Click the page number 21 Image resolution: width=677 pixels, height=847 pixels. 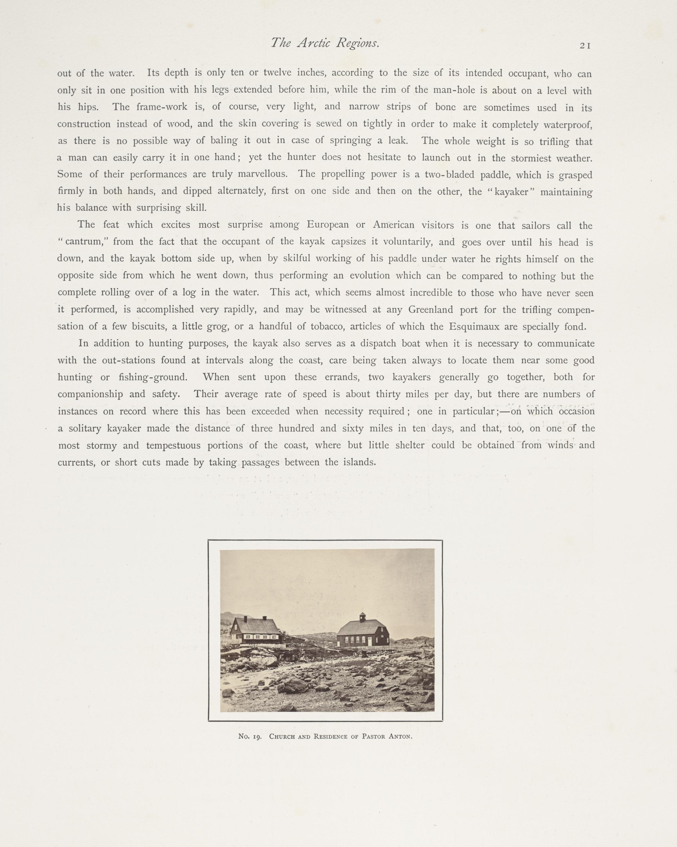tap(585, 45)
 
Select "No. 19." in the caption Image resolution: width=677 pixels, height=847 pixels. tap(250, 736)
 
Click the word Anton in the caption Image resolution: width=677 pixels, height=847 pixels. tap(400, 736)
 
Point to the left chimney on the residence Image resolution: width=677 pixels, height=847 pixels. tap(245, 619)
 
